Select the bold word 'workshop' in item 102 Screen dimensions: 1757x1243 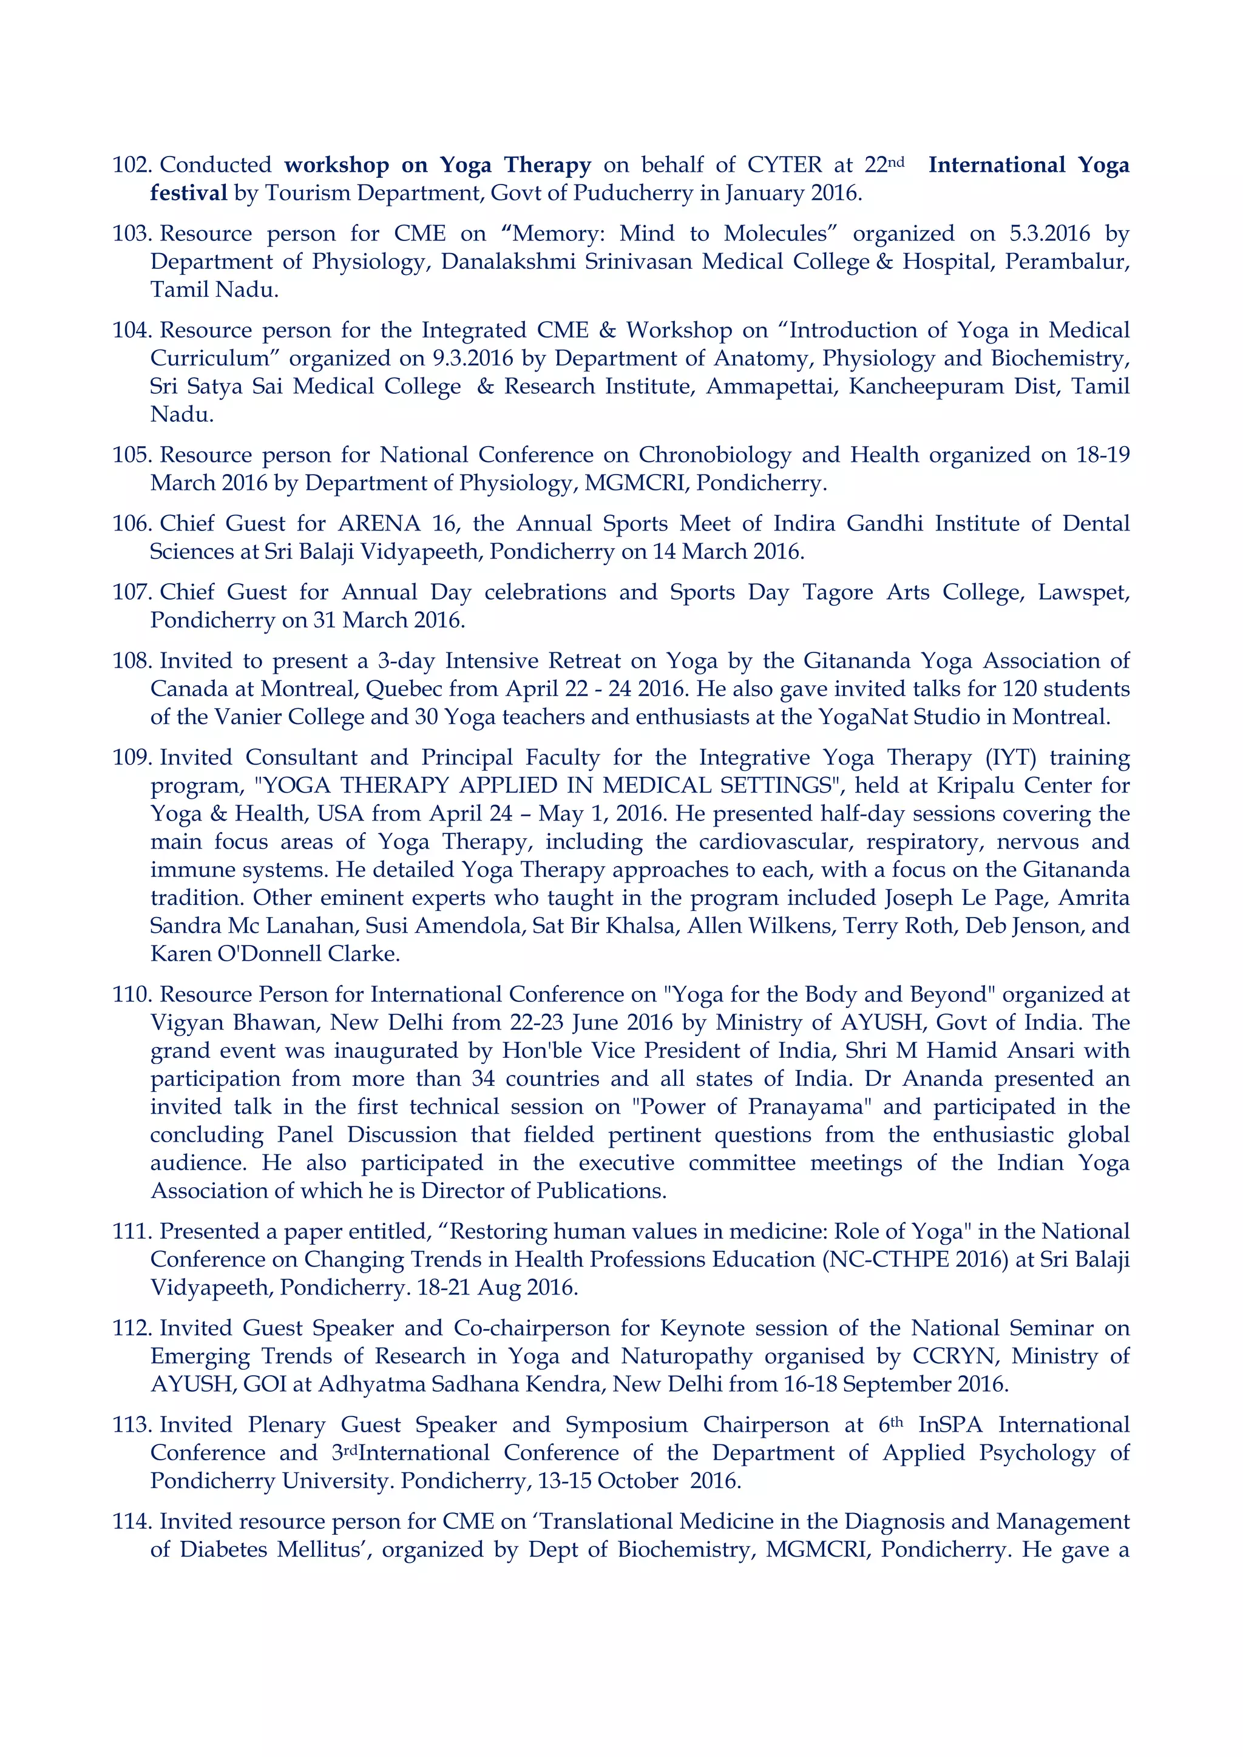[x=336, y=165]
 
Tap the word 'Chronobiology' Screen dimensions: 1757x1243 [x=714, y=455]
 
